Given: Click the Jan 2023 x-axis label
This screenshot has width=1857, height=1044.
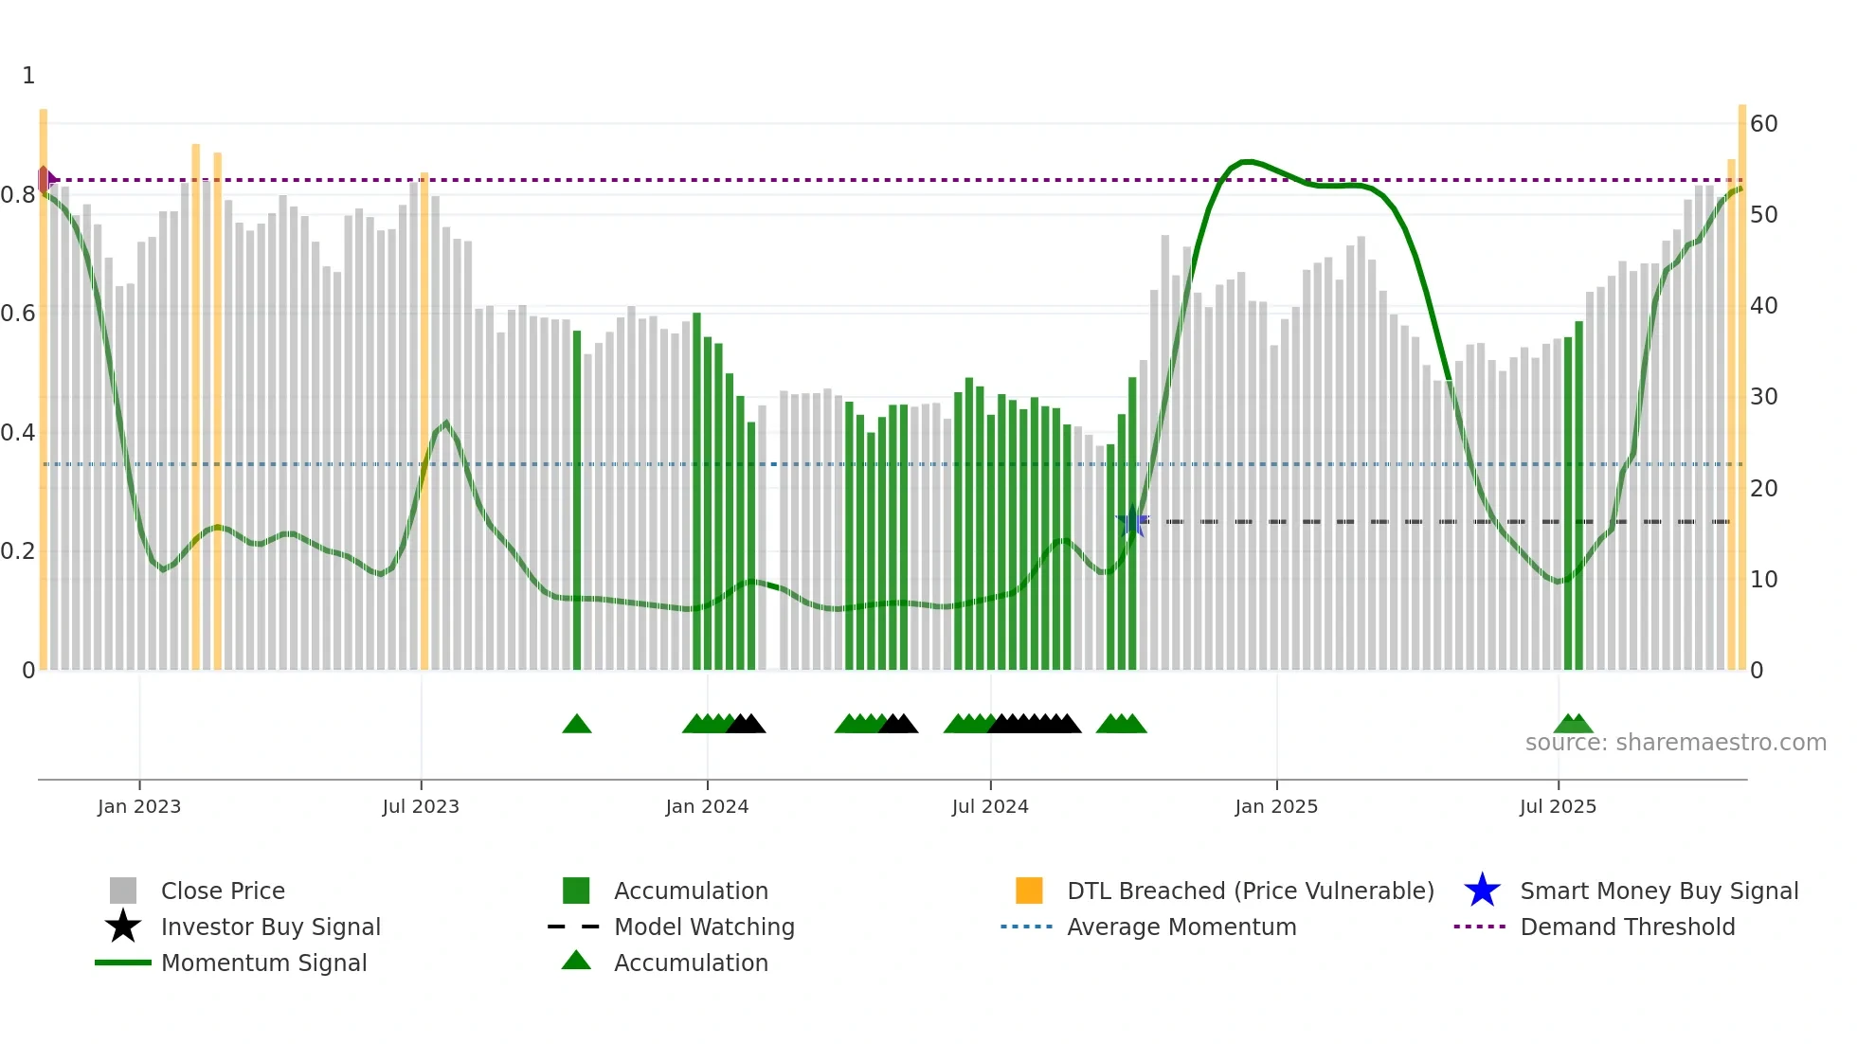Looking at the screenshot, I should (139, 806).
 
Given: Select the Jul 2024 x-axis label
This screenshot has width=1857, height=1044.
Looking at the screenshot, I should (990, 806).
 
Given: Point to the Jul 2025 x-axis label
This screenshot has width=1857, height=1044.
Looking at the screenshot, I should (1558, 806).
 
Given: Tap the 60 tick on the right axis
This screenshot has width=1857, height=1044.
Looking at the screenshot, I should (1763, 124).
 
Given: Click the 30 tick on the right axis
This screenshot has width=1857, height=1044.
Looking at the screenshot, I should (1763, 397).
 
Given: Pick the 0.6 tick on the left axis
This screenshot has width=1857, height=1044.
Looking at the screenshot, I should (19, 314).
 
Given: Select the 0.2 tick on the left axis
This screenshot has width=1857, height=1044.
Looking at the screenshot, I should (19, 551).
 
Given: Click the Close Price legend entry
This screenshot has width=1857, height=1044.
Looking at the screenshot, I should (223, 891).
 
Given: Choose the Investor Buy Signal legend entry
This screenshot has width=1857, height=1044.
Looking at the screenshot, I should (270, 927).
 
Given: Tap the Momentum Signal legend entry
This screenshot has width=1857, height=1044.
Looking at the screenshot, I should (263, 963).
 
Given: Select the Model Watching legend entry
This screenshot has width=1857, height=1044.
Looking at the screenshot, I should (704, 927).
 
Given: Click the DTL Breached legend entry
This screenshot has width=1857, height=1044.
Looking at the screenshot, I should (1250, 891).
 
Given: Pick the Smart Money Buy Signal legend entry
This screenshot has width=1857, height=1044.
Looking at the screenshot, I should (1658, 891).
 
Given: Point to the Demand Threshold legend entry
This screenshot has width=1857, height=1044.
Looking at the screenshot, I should (1627, 927).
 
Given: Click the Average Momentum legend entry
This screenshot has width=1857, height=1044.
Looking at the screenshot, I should (1181, 927).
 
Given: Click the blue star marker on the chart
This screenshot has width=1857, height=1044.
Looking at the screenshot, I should (1132, 521).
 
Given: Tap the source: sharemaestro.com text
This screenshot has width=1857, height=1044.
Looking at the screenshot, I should (1675, 743).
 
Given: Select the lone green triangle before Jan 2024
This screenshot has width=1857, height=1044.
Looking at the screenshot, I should (577, 725).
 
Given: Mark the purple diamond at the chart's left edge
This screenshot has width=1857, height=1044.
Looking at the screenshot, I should (45, 179).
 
